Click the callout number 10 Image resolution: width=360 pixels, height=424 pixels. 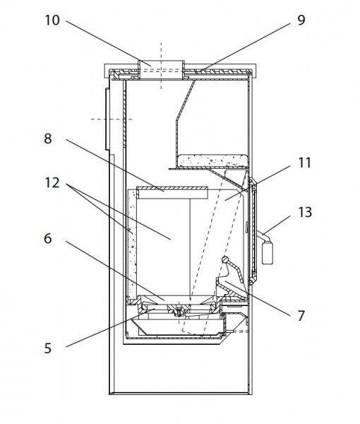click(x=52, y=20)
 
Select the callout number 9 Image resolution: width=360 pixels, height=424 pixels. click(x=301, y=20)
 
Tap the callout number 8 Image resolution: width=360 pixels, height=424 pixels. click(x=48, y=139)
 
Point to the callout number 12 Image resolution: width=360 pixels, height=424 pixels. click(x=52, y=183)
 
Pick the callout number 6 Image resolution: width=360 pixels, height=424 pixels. click(x=47, y=239)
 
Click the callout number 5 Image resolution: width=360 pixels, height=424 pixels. click(x=47, y=348)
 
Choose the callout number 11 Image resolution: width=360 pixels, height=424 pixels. click(x=304, y=163)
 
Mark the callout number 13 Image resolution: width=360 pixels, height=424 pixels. click(x=305, y=212)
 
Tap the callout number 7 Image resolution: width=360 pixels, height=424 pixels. click(x=301, y=316)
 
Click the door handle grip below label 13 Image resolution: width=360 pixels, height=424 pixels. click(x=267, y=253)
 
